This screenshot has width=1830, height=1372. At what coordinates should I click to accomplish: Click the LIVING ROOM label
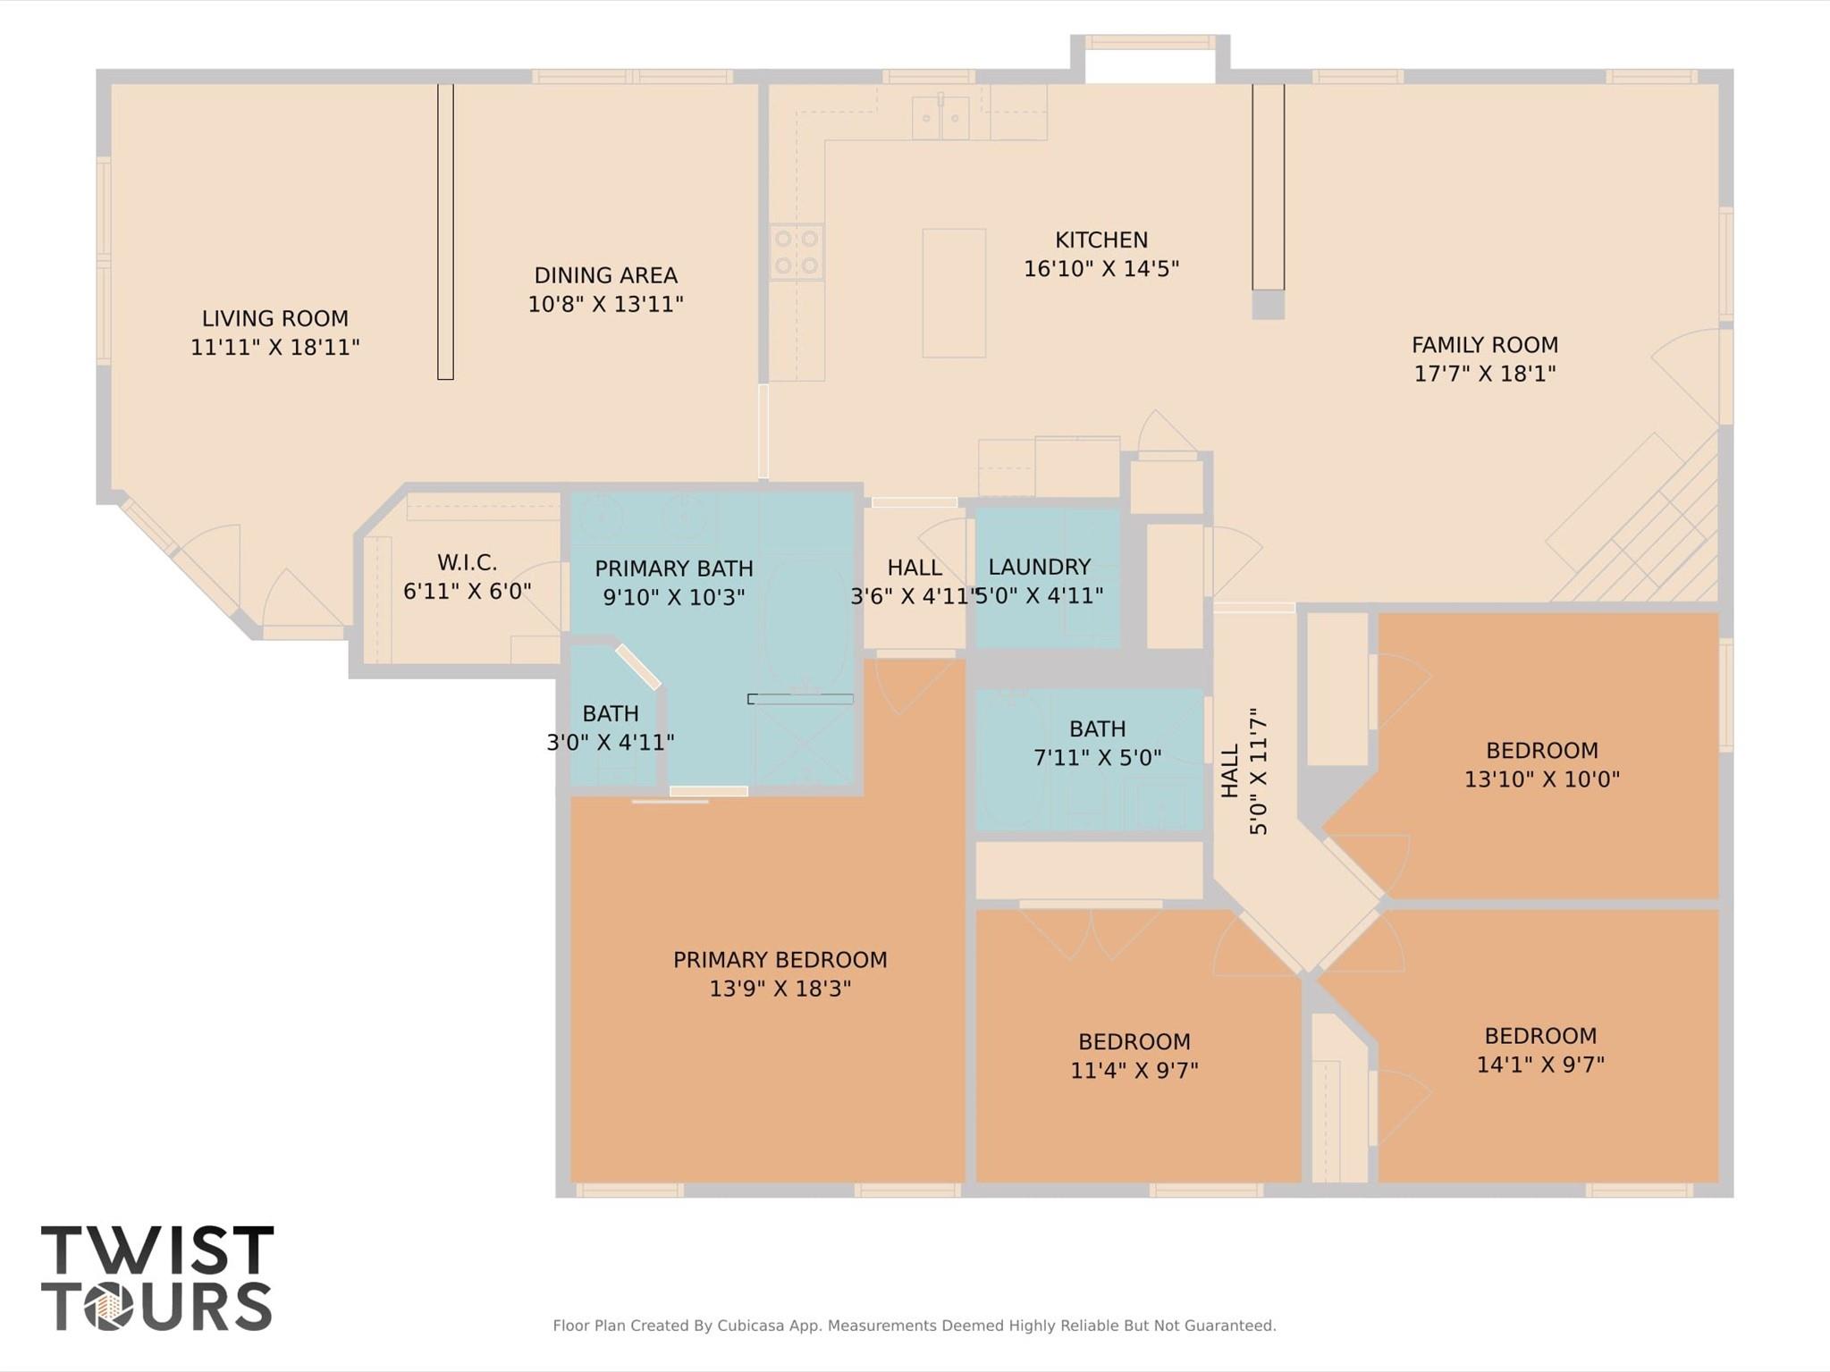point(274,318)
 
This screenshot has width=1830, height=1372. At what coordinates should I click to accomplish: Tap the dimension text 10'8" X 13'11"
point(605,304)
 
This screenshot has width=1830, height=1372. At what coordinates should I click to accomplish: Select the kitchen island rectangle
point(954,292)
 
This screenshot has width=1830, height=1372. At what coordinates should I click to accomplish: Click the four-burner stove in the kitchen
point(797,252)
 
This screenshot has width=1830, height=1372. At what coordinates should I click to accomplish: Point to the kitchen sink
point(940,118)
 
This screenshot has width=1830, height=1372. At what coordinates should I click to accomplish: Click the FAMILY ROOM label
point(1484,344)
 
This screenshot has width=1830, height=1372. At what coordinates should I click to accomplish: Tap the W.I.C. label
point(467,562)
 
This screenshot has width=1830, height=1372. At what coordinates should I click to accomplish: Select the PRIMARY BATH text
point(673,568)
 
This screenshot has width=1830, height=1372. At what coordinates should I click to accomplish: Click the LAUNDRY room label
point(1039,567)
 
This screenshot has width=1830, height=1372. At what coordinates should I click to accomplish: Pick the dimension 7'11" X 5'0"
point(1097,758)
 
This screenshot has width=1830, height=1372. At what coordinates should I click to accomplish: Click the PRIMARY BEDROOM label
point(780,960)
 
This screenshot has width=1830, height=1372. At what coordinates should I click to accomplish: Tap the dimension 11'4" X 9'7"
point(1134,1070)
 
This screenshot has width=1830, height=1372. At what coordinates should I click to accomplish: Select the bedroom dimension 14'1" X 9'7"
point(1539,1065)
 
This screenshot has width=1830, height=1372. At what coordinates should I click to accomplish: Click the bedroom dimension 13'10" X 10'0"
point(1541,779)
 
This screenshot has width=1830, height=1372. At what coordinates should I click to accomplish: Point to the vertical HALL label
point(1230,770)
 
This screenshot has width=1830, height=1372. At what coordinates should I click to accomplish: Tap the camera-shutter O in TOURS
point(109,1308)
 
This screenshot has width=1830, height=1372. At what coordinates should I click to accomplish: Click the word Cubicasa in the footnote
point(751,1326)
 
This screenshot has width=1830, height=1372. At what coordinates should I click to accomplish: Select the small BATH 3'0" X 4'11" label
point(610,713)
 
